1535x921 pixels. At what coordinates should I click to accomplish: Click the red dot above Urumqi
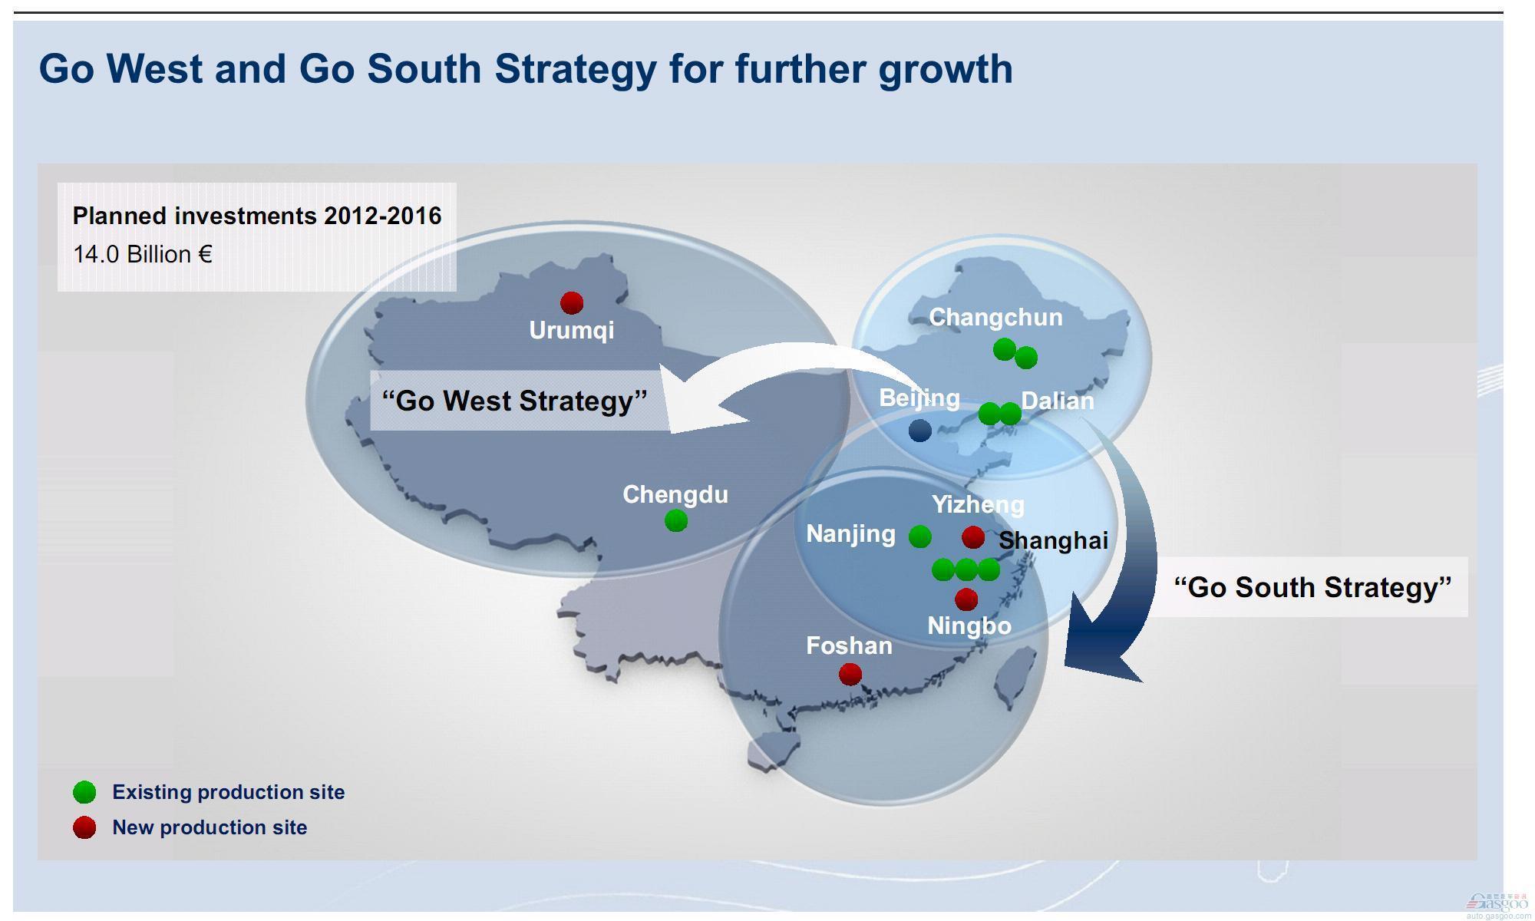[x=571, y=302]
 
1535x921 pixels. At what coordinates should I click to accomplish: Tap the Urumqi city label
[x=572, y=330]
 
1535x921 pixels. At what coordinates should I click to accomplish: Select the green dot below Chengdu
[x=675, y=521]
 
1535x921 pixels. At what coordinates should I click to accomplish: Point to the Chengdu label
[x=675, y=494]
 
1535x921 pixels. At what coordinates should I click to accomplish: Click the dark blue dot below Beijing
[x=919, y=431]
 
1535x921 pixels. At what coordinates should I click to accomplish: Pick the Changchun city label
[x=995, y=317]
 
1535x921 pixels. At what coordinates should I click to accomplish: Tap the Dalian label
[x=1058, y=401]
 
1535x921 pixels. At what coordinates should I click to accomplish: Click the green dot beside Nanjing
[x=919, y=536]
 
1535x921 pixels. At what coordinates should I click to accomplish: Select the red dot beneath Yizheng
[x=972, y=537]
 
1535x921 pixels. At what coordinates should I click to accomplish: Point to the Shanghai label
[x=1053, y=540]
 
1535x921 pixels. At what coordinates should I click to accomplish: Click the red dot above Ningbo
[x=966, y=599]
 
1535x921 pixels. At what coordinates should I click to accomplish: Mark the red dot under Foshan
[x=850, y=675]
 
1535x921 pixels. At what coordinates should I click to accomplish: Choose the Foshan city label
[x=849, y=645]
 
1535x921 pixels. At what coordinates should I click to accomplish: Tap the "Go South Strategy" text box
[x=1312, y=587]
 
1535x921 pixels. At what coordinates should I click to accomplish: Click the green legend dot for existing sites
[x=84, y=792]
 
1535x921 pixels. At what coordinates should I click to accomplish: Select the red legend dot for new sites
[x=84, y=827]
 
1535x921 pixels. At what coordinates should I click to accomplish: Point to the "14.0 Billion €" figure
[x=142, y=254]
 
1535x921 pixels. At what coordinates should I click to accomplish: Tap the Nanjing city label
[x=850, y=534]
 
